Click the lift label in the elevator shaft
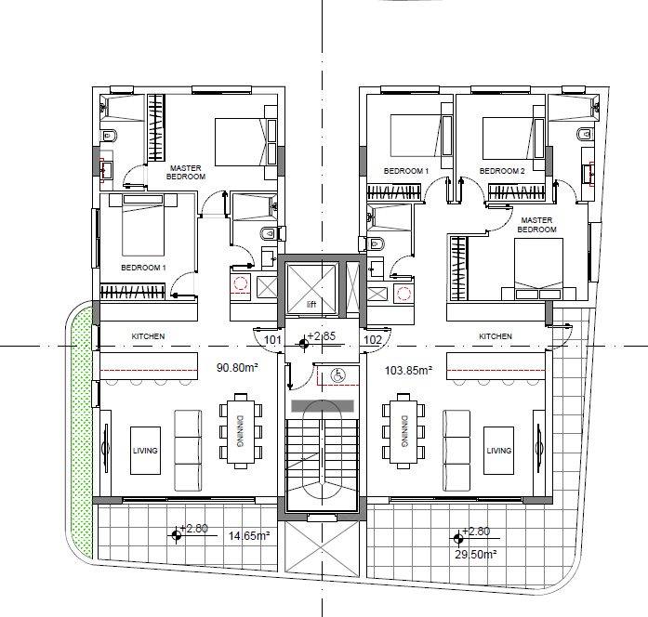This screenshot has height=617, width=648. pyautogui.click(x=311, y=305)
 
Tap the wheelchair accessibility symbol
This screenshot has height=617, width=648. pyautogui.click(x=338, y=375)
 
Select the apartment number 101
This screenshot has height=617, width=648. pyautogui.click(x=272, y=340)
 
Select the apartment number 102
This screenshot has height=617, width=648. pyautogui.click(x=373, y=340)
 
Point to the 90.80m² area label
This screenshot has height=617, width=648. pyautogui.click(x=237, y=367)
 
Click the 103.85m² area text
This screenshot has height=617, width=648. pyautogui.click(x=408, y=370)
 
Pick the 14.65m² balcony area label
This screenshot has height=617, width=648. pyautogui.click(x=249, y=535)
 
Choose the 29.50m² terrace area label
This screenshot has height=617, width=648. pyautogui.click(x=476, y=554)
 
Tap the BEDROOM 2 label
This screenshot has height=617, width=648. pyautogui.click(x=502, y=171)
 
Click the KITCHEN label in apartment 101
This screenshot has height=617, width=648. pyautogui.click(x=148, y=336)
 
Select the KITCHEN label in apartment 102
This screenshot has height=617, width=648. pyautogui.click(x=496, y=336)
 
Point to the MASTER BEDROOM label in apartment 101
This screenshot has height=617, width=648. pyautogui.click(x=186, y=172)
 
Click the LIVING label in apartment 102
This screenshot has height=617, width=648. pyautogui.click(x=499, y=451)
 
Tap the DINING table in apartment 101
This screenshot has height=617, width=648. pyautogui.click(x=241, y=431)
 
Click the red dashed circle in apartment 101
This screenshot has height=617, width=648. pyautogui.click(x=241, y=283)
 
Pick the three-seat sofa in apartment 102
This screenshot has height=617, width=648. pyautogui.click(x=456, y=451)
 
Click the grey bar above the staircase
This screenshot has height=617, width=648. pyautogui.click(x=323, y=406)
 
